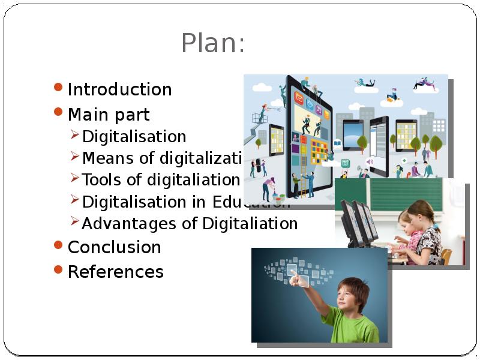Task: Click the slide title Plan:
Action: point(213,44)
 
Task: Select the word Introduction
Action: point(119,89)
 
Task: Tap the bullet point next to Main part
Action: point(58,112)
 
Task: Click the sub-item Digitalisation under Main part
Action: point(134,136)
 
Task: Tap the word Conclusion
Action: point(114,247)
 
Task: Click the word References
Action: point(115,272)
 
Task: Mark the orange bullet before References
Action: point(58,269)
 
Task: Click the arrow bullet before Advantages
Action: point(75,222)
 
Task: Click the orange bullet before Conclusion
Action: point(58,245)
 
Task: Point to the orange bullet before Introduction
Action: point(58,87)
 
